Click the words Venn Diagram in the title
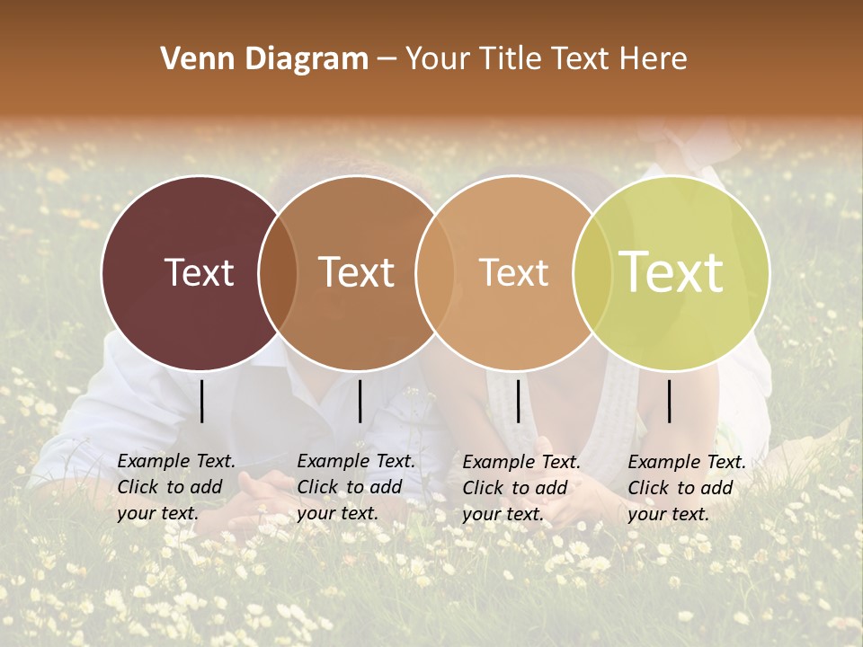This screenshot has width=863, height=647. pos(264,59)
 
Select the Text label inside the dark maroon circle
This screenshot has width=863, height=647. pos(199,272)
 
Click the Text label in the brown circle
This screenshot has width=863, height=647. pos(357,272)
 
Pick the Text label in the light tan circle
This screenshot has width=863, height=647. pos(513,272)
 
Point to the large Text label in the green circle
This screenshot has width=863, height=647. pos(672,272)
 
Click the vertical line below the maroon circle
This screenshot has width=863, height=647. pos(201,401)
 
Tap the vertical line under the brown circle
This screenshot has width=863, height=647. pos(360,401)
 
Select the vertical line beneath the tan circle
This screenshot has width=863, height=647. pos(518,401)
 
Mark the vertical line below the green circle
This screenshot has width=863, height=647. pos(670,401)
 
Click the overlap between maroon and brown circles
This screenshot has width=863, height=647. pos(278,272)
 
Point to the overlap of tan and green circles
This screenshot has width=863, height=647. pos(589,272)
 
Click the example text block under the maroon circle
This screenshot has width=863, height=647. pos(175,487)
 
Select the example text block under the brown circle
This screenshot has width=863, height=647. pos(355,487)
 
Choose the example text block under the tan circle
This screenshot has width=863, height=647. pos(520,487)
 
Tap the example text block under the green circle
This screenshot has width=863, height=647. pos(686,487)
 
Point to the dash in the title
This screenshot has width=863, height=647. pos(386,60)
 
